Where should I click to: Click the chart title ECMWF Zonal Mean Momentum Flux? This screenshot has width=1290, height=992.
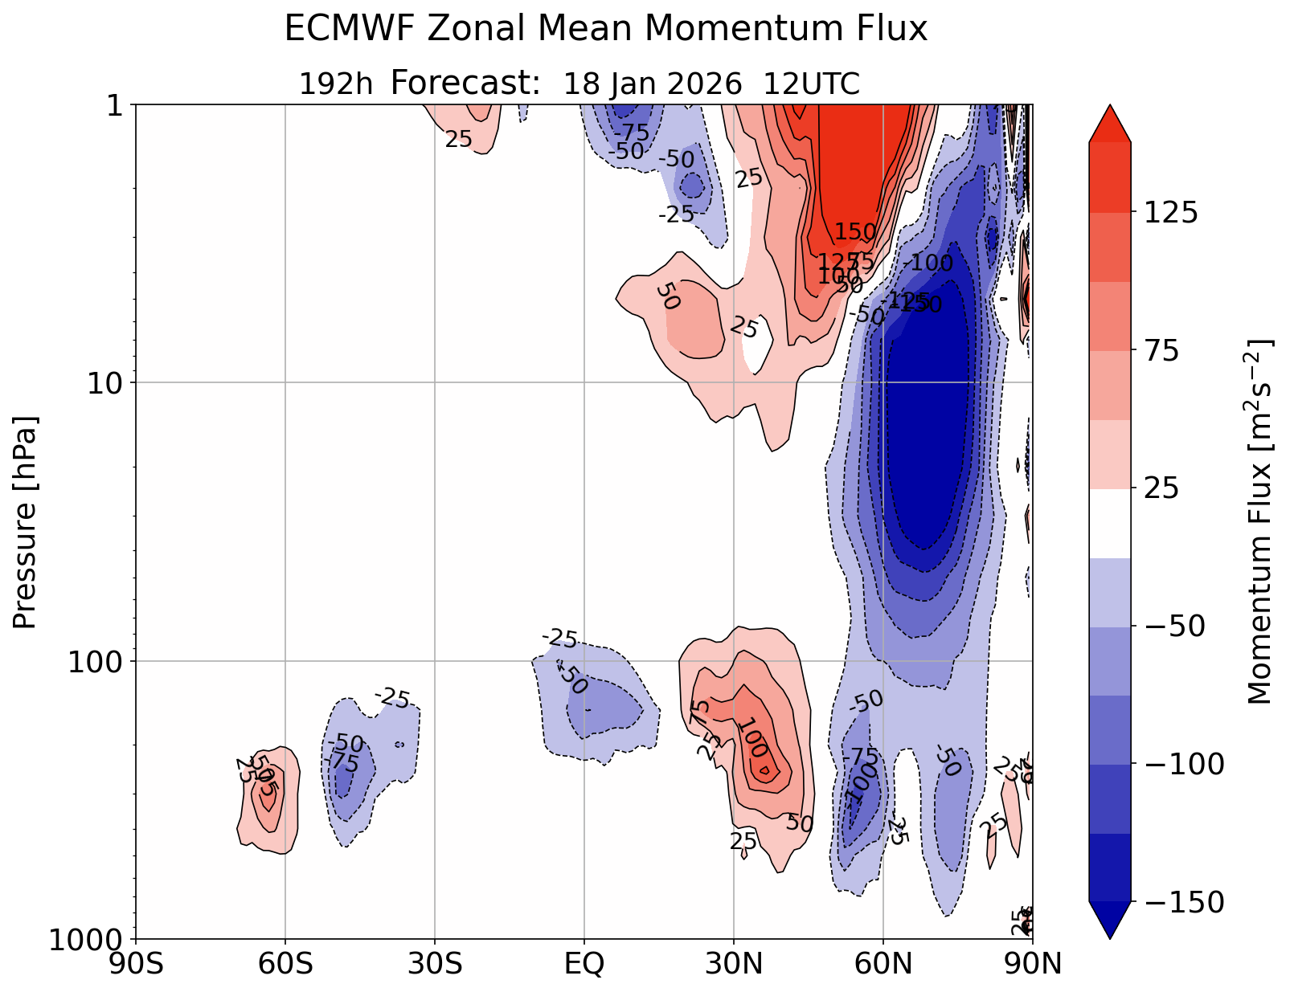pyautogui.click(x=605, y=31)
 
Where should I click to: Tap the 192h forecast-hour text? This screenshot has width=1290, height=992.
pyautogui.click(x=336, y=84)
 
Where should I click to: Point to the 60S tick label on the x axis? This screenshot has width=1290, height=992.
pyautogui.click(x=285, y=963)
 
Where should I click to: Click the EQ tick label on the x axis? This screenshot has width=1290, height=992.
pyautogui.click(x=584, y=963)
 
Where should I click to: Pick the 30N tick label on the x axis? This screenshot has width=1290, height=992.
pyautogui.click(x=734, y=963)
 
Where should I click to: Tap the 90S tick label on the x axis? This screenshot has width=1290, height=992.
pyautogui.click(x=136, y=963)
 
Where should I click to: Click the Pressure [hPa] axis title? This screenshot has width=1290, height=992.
pyautogui.click(x=26, y=522)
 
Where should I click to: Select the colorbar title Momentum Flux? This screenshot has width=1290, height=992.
pyautogui.click(x=1260, y=522)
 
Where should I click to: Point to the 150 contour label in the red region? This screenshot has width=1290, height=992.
pyautogui.click(x=855, y=232)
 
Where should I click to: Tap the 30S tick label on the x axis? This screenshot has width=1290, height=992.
pyautogui.click(x=435, y=963)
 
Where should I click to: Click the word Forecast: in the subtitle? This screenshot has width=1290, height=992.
pyautogui.click(x=465, y=83)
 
